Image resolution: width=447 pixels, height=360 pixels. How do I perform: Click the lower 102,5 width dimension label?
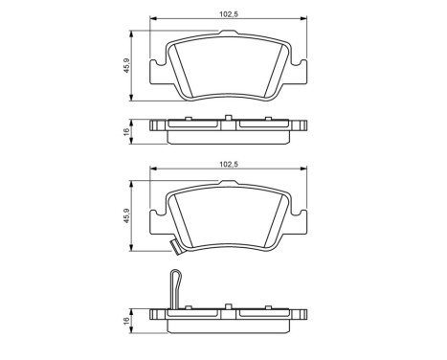pos(228,165)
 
